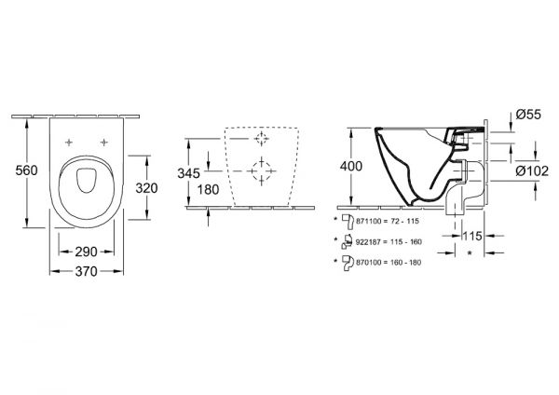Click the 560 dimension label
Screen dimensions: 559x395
tap(26, 170)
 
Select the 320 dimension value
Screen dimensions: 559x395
tap(146, 188)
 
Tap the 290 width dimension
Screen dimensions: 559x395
tap(86, 252)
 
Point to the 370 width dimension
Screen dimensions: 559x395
tap(86, 272)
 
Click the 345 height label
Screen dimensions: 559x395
tap(188, 173)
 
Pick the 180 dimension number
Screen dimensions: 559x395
tap(208, 190)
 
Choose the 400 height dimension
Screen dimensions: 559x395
tap(351, 167)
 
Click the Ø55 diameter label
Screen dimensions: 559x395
tap(528, 115)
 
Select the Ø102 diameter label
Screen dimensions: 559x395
tap(532, 171)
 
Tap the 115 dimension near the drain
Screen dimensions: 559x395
tap(472, 236)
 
